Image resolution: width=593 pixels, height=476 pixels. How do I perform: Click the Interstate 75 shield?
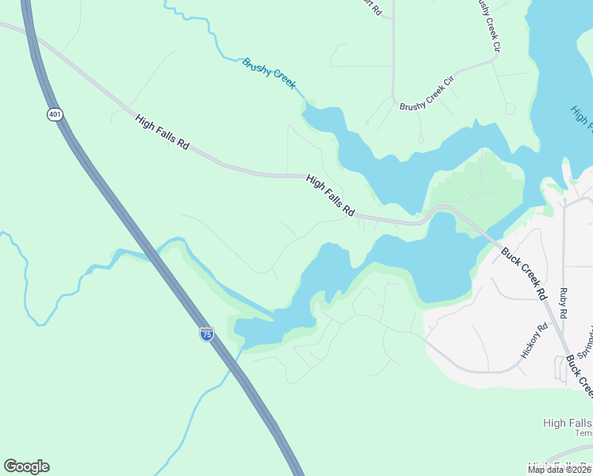206,334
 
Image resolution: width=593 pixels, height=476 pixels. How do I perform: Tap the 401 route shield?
54,115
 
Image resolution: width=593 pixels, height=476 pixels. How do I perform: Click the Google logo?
26,466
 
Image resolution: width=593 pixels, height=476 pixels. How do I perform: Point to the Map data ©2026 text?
560,470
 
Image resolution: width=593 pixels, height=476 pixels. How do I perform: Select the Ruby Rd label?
564,304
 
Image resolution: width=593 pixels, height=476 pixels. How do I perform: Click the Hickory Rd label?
532,341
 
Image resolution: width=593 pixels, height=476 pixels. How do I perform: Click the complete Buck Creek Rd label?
524,274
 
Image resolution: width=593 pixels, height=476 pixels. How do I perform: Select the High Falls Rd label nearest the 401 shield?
163,132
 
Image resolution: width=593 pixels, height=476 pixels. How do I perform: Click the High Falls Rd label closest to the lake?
330,195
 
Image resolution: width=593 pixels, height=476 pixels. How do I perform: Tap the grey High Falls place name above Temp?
567,423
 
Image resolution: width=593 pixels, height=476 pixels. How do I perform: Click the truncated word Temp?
583,433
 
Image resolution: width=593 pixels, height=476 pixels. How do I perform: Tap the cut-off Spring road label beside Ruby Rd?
586,341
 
